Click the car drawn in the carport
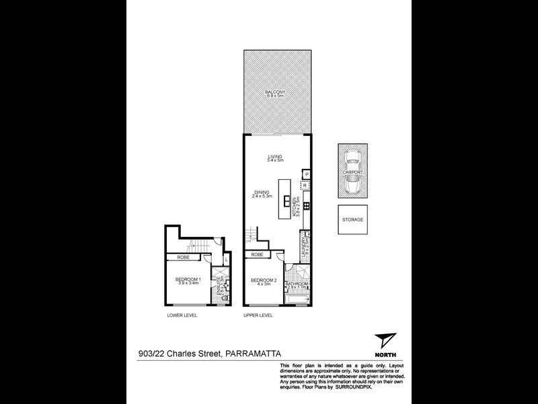pos(353,172)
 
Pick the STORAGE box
pos(354,220)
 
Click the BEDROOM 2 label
pos(263,281)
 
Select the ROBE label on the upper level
pos(257,255)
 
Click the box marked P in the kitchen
pos(306,175)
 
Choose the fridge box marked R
pos(305,185)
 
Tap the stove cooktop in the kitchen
pos(305,205)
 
